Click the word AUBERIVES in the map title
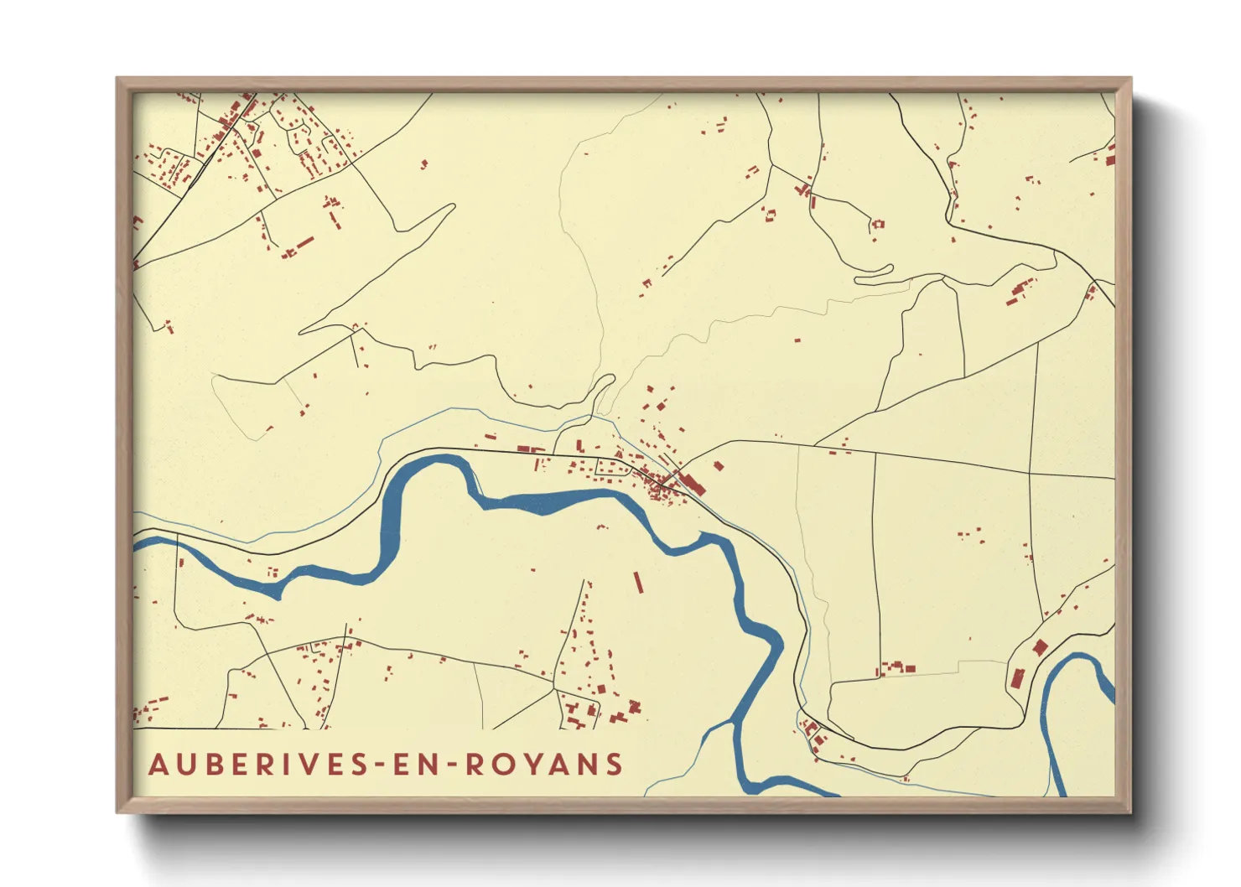[x=257, y=765]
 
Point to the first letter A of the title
[x=158, y=765]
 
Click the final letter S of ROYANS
[x=615, y=765]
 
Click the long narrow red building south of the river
[x=638, y=583]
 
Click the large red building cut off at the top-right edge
[x=1111, y=156]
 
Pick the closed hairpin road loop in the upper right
[x=874, y=271]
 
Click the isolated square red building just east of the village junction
[x=718, y=465]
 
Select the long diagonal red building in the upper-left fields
[x=304, y=244]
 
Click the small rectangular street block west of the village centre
[x=613, y=468]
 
